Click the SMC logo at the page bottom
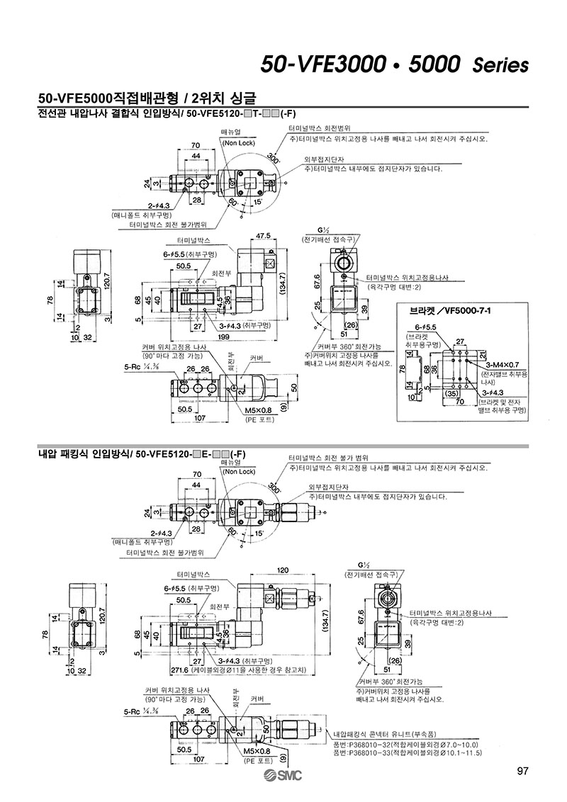pos(283,776)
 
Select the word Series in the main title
pos(500,66)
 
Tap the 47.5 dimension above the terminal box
pos(264,235)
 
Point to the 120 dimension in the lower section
pos(281,570)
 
